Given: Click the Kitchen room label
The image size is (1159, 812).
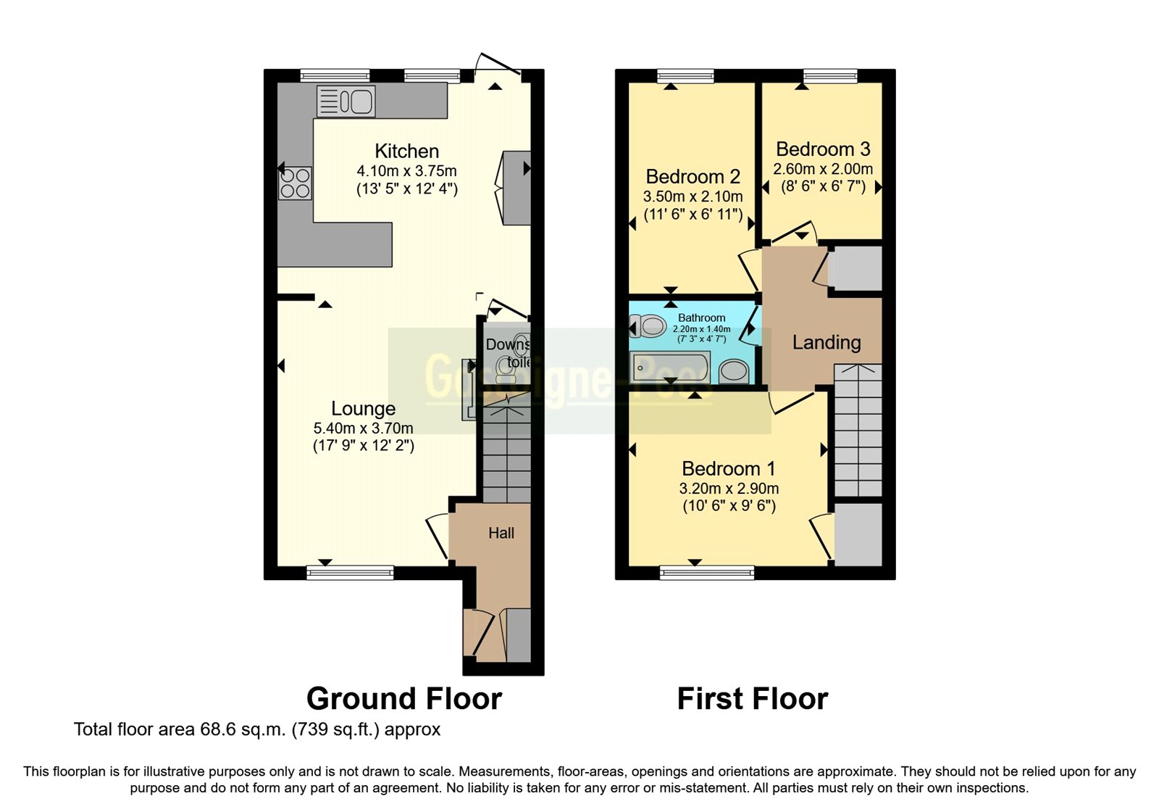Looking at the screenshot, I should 406,151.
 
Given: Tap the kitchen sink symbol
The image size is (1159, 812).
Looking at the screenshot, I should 346,101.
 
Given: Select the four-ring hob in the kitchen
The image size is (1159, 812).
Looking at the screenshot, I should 295,183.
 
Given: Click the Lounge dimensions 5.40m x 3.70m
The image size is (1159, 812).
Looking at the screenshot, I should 363,428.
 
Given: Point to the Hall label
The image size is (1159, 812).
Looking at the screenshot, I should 501,533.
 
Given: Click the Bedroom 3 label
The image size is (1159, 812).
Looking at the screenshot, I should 822,149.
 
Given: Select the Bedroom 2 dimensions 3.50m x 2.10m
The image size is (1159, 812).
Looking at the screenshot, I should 693,196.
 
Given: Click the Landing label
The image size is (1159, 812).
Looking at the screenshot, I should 826,342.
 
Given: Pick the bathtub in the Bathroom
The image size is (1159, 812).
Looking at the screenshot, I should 670,368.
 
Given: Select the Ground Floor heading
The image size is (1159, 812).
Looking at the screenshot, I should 403,699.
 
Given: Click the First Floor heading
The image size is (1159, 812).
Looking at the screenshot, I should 752,699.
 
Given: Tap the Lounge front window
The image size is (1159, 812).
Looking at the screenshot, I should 350,573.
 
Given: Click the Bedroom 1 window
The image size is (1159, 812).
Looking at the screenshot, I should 706,573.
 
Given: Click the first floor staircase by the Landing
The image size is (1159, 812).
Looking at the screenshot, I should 858,431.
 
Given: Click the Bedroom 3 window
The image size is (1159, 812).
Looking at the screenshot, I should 829,75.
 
